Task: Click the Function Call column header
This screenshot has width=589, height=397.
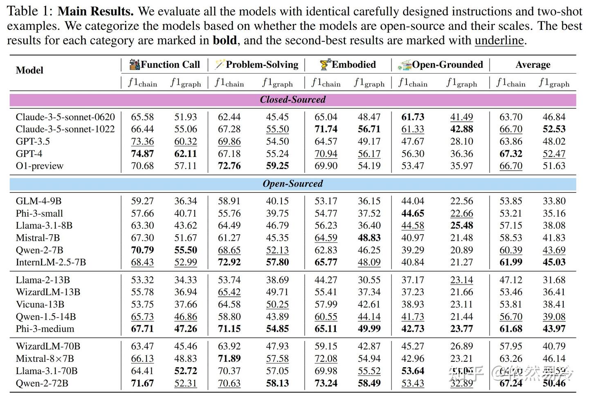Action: [170, 65]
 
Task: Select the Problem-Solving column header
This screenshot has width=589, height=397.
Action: [262, 65]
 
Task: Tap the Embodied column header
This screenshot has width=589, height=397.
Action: [353, 65]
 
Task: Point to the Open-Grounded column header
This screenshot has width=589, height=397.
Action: [447, 65]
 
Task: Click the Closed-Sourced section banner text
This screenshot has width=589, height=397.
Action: [293, 99]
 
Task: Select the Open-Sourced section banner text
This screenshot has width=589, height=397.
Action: [293, 184]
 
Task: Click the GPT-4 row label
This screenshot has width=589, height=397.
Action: [29, 154]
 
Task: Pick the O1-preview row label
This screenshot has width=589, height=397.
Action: [40, 166]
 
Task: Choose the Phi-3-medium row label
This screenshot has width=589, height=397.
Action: [45, 329]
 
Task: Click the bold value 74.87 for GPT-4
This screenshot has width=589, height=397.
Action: [142, 154]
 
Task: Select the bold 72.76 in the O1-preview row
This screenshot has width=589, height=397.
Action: [229, 166]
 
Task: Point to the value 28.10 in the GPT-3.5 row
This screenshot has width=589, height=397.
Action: [461, 141]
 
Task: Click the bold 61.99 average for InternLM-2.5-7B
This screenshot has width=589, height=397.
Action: [511, 262]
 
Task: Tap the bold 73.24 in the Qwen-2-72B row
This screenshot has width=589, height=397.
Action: [326, 384]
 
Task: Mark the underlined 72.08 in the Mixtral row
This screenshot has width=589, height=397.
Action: [326, 359]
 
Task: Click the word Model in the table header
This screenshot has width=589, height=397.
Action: [29, 70]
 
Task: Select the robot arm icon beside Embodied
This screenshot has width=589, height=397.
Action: [325, 64]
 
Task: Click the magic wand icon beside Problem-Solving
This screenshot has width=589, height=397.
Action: [220, 64]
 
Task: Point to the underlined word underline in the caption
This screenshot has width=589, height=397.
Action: [499, 40]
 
